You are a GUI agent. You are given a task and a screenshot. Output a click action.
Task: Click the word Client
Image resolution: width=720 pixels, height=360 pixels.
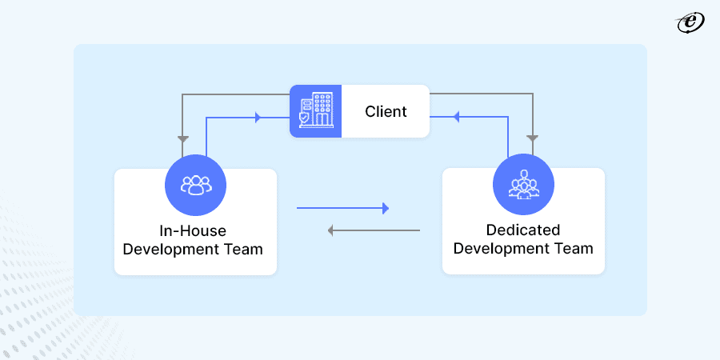pyautogui.click(x=386, y=111)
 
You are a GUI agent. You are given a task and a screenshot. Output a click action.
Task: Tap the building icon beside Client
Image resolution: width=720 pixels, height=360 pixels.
pyautogui.click(x=315, y=111)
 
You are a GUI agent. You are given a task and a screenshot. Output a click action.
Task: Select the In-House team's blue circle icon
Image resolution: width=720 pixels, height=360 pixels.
pyautogui.click(x=195, y=185)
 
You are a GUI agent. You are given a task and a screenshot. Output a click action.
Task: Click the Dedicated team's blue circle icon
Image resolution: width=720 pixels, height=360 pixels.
pyautogui.click(x=523, y=185)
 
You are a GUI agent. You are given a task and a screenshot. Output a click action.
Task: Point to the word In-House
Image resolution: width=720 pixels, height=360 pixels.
pyautogui.click(x=193, y=231)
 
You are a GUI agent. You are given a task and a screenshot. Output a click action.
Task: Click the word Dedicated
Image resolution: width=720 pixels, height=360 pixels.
pyautogui.click(x=523, y=230)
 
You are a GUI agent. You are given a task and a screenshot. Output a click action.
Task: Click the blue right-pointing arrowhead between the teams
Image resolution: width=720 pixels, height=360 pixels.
pyautogui.click(x=385, y=209)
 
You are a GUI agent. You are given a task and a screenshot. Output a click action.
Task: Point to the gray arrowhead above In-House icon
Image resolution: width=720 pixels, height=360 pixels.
pyautogui.click(x=183, y=137)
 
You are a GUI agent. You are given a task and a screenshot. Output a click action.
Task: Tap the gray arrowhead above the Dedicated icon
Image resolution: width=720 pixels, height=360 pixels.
pyautogui.click(x=532, y=138)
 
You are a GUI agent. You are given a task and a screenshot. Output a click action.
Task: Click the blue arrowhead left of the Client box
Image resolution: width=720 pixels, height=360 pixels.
pyautogui.click(x=257, y=118)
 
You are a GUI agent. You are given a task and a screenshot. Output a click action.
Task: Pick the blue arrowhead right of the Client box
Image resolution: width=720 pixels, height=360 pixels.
pyautogui.click(x=457, y=117)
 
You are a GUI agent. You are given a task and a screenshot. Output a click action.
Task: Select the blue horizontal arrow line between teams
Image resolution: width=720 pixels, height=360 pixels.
pyautogui.click(x=340, y=209)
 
